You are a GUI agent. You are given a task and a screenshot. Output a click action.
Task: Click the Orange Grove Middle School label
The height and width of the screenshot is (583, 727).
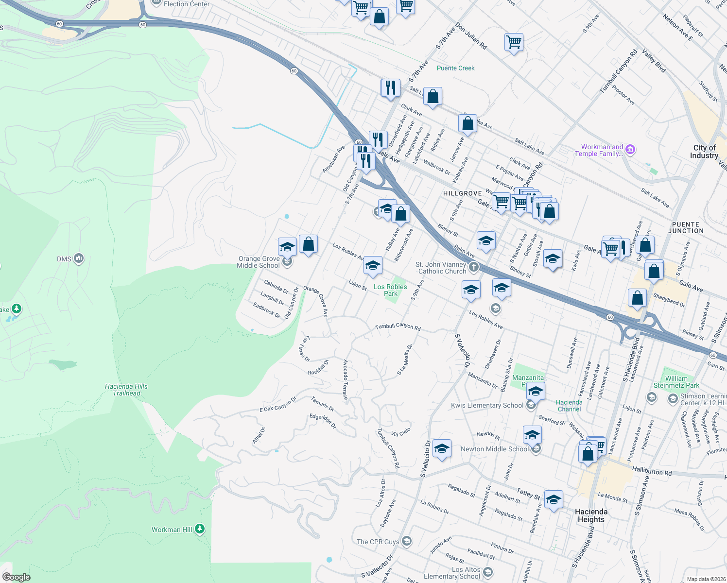pyautogui.click(x=259, y=262)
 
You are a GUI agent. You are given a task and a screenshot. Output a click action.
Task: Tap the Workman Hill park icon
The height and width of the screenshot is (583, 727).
pyautogui.click(x=200, y=529)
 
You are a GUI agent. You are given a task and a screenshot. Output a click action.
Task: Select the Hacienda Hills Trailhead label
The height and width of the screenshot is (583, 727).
pyautogui.click(x=126, y=390)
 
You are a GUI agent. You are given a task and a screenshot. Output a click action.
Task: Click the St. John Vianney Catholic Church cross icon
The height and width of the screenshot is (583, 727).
pyautogui.click(x=474, y=267)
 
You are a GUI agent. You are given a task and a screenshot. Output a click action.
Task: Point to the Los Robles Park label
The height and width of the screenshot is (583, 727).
pyautogui.click(x=390, y=290)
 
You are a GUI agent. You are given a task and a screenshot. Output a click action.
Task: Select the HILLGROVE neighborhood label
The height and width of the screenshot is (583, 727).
pyautogui.click(x=462, y=193)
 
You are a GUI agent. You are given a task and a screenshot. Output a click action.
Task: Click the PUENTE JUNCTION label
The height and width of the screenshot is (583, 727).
pyautogui.click(x=685, y=228)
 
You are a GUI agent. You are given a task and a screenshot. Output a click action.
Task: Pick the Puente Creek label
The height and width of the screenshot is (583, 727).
pyautogui.click(x=455, y=68)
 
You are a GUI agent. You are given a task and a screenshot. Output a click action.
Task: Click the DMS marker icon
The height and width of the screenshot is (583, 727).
pyautogui.click(x=79, y=258)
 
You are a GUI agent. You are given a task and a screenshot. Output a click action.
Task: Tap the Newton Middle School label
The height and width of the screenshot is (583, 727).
pyautogui.click(x=494, y=449)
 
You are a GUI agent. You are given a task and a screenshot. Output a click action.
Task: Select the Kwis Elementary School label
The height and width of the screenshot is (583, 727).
pyautogui.click(x=487, y=405)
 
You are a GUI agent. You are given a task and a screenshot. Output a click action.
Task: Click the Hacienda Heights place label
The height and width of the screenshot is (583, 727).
pyautogui.click(x=591, y=515)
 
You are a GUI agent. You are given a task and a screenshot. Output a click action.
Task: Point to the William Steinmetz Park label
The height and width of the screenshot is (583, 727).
pyautogui.click(x=676, y=382)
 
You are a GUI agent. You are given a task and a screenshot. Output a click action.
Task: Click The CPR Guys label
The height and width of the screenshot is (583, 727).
pyautogui.click(x=378, y=542)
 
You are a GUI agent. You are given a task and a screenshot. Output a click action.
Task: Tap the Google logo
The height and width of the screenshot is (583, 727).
pyautogui.click(x=16, y=577)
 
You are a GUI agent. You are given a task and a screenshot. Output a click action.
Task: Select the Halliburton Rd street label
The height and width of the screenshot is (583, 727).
pyautogui.click(x=652, y=471)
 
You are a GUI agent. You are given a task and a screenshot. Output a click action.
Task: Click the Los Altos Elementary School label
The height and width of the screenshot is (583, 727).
pyautogui.click(x=452, y=573)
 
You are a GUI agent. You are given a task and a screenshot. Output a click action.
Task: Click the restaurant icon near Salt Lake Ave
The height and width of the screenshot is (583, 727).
pyautogui.click(x=390, y=88)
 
